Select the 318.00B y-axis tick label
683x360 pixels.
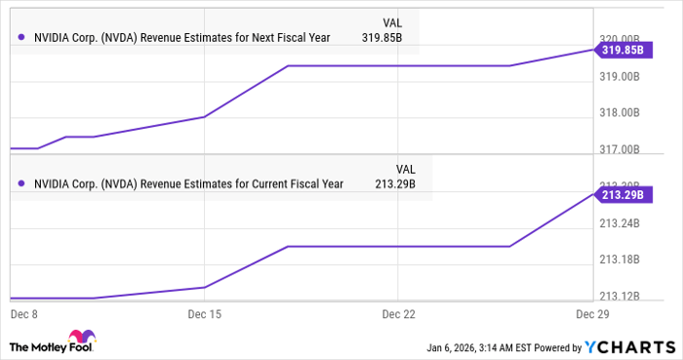[x=620, y=112]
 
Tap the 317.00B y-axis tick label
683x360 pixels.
[x=620, y=149]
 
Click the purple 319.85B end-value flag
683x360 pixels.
[x=621, y=49]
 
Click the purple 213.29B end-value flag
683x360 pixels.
[x=621, y=195]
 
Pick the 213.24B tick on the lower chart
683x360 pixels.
[x=620, y=223]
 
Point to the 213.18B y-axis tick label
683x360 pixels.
[x=620, y=260]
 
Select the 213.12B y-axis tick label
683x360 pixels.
[x=620, y=296]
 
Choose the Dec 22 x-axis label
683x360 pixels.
[x=400, y=315]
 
